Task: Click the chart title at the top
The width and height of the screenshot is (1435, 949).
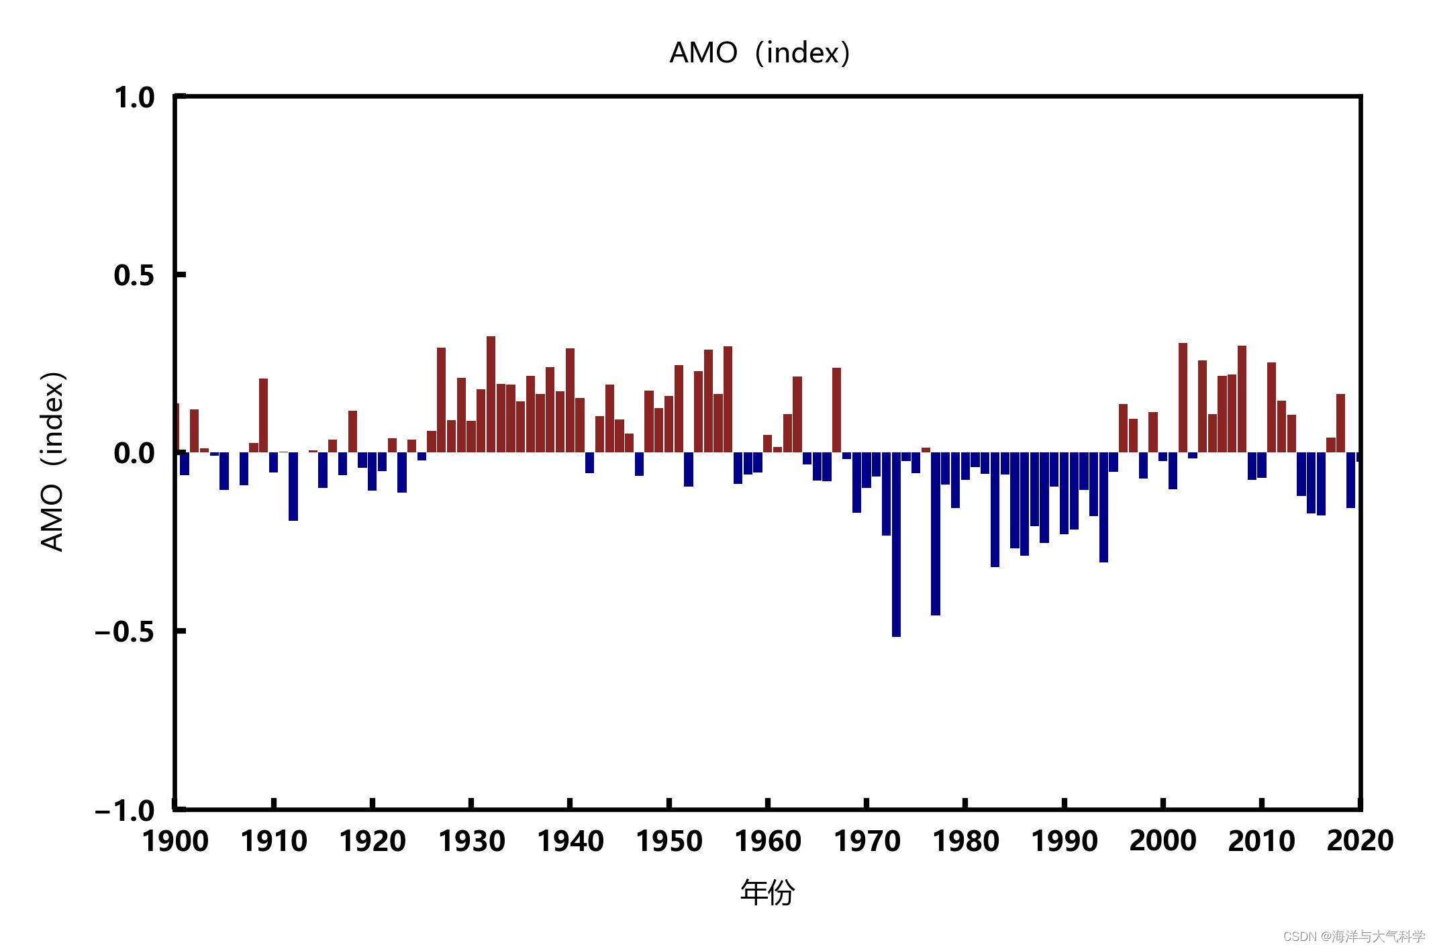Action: tap(760, 52)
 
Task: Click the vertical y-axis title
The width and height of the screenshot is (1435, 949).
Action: tap(53, 461)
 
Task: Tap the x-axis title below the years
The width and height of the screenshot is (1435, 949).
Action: tap(767, 893)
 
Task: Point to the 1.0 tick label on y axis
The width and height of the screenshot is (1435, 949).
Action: tap(134, 98)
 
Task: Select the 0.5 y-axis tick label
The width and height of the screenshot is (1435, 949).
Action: tap(134, 275)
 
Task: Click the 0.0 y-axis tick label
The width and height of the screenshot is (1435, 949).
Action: tap(134, 454)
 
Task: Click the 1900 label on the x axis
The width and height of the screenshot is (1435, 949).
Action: tap(176, 841)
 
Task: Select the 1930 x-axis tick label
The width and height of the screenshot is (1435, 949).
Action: tap(472, 841)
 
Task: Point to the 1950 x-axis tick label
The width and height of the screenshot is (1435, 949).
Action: tap(669, 841)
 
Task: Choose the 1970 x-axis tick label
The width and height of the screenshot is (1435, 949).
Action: tap(867, 841)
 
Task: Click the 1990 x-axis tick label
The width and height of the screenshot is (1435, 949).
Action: tap(1064, 841)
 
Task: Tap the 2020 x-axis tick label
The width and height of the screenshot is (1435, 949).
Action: tap(1360, 841)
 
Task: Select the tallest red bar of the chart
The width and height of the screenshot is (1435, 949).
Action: tap(491, 396)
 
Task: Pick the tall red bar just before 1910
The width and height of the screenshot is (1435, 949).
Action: tap(264, 416)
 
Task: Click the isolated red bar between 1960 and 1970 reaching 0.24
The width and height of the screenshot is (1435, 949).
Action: tap(836, 411)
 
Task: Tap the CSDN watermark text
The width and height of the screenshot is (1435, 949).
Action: tap(1353, 936)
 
